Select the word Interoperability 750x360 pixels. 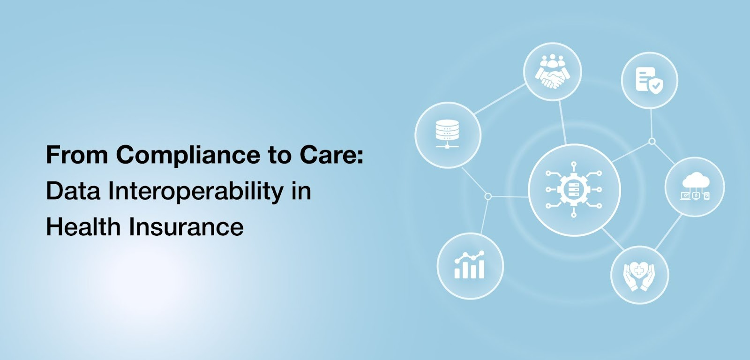pyautogui.click(x=196, y=191)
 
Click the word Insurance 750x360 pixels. pyautogui.click(x=186, y=227)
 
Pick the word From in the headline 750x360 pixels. pyautogui.click(x=77, y=155)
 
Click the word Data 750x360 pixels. pyautogui.click(x=73, y=191)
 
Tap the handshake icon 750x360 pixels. pyautogui.click(x=553, y=79)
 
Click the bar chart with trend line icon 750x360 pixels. pyautogui.click(x=470, y=265)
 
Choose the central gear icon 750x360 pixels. pyautogui.click(x=574, y=189)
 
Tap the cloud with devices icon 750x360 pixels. pyautogui.click(x=695, y=187)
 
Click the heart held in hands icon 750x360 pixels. pyautogui.click(x=639, y=275)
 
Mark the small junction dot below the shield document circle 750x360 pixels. pyautogui.click(x=652, y=141)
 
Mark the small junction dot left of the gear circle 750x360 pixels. pyautogui.click(x=488, y=196)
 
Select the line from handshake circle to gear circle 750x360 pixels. pyautogui.click(x=562, y=123)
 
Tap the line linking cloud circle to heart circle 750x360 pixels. pyautogui.click(x=668, y=232)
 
